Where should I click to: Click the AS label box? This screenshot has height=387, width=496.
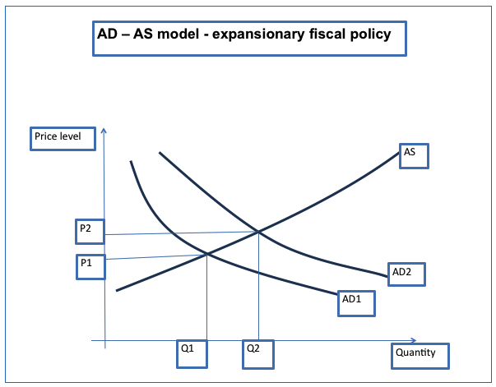414,155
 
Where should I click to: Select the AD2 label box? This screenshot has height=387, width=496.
406,274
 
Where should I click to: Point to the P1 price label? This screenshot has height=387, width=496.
90,265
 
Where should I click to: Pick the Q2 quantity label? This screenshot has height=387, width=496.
257,353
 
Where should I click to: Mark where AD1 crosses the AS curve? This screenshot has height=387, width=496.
206,254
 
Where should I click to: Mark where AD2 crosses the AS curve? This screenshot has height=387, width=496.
259,231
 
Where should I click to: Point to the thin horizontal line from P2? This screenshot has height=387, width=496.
181,233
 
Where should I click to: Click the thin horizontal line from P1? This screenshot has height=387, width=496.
156,257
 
